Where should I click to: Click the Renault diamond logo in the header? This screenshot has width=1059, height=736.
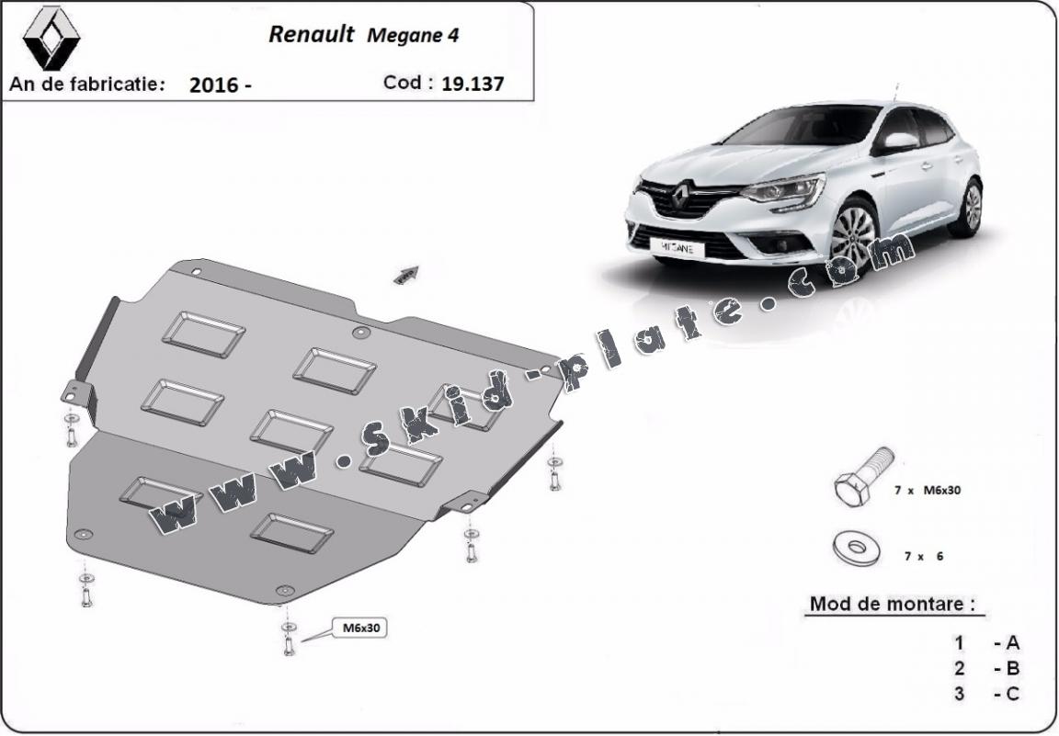[x=51, y=38]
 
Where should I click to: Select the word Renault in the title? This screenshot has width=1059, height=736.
[x=312, y=34]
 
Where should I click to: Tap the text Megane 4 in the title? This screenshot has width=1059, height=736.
[x=413, y=36]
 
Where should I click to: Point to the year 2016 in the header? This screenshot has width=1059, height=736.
[x=214, y=85]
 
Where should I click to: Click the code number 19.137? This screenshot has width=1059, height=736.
[x=473, y=84]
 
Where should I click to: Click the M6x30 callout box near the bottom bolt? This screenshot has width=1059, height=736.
[x=361, y=628]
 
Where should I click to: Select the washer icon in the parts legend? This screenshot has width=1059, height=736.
[x=857, y=548]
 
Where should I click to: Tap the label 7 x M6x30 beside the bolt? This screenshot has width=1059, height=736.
[x=928, y=491]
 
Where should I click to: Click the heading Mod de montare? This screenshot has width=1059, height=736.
[x=893, y=604]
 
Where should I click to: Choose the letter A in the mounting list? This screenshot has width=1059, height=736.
[x=1012, y=643]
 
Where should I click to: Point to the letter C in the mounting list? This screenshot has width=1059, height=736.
[x=1012, y=694]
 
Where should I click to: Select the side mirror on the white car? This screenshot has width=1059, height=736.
[x=900, y=142]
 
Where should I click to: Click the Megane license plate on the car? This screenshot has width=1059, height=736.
[x=678, y=248]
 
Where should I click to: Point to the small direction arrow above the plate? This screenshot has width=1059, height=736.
[x=406, y=274]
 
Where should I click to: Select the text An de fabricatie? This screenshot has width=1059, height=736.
[x=87, y=84]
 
